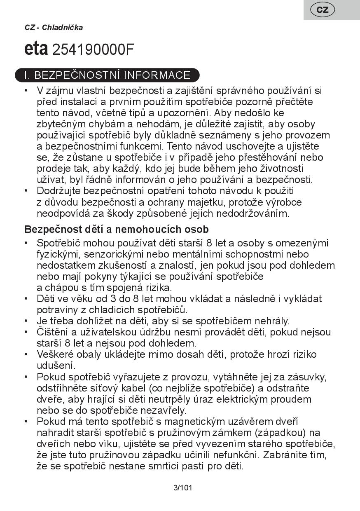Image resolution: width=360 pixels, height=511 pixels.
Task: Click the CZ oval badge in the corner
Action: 323,9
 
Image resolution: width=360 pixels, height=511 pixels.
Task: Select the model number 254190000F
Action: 94,49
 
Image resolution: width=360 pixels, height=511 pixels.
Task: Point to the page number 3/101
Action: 183,488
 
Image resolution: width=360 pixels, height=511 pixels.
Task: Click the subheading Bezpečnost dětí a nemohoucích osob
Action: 117,229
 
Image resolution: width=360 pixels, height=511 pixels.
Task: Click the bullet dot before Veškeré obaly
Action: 27,354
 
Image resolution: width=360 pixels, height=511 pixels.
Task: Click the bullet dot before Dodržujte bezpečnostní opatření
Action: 27,191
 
